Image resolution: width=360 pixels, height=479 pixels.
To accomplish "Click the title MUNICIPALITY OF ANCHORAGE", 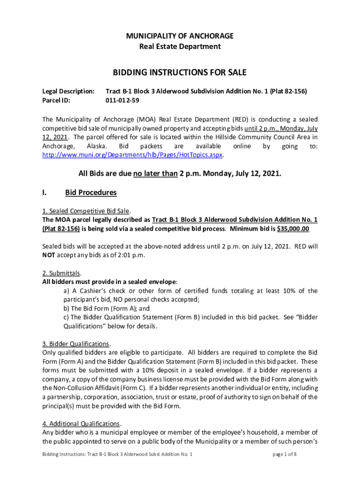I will tap(180, 36).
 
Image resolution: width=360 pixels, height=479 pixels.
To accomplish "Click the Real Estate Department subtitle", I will tap(180, 46).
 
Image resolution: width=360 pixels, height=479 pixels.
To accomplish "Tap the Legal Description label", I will tap(68, 91).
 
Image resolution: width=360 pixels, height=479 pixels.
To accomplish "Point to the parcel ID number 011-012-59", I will tap(122, 100).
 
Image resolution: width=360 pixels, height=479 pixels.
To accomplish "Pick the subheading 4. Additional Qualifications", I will tap(82, 424).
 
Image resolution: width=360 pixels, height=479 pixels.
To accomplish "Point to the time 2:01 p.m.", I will tap(132, 255).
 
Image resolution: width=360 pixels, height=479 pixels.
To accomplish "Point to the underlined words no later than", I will tap(155, 174).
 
